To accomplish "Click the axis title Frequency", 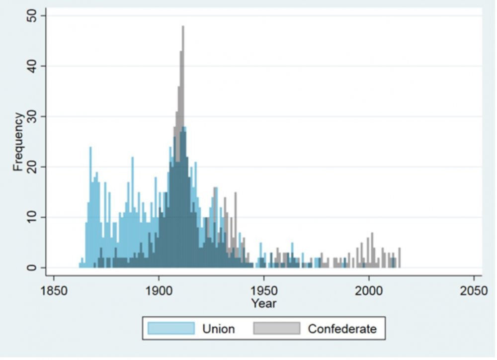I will pos(18,142).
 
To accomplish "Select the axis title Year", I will pos(263,303).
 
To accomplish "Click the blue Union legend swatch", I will pos(170,328).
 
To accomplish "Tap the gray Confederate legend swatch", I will pos(277,328).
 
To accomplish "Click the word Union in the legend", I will pos(218,329).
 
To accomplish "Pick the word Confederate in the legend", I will pos(342,329).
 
